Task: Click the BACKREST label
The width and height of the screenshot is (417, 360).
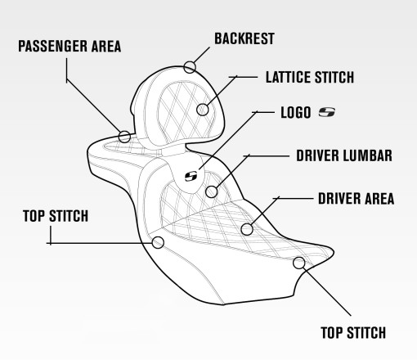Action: pos(244,38)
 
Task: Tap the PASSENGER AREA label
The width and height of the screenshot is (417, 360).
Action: pos(69,47)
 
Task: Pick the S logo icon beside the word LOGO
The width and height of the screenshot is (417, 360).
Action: pos(327,111)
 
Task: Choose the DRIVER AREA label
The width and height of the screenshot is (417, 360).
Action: pos(356,198)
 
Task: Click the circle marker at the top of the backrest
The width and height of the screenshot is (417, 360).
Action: pos(191,66)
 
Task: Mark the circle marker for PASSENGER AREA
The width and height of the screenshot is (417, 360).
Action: pos(124,136)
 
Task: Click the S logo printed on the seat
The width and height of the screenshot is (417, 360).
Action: pos(192,174)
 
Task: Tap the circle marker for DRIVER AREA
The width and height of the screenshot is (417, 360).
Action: pos(247,230)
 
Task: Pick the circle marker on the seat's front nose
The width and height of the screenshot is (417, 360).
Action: pos(299,263)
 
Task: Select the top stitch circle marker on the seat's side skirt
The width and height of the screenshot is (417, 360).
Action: pos(158,242)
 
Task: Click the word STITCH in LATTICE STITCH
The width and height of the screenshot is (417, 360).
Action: pos(333,79)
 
